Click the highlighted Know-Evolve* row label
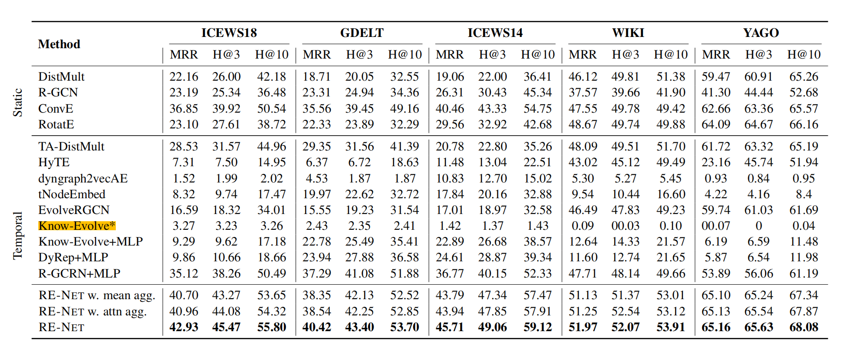pyautogui.click(x=77, y=226)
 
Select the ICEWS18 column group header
pyautogui.click(x=229, y=33)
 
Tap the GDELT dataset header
pyautogui.click(x=362, y=33)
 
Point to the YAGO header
pyautogui.click(x=761, y=33)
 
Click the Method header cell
pyautogui.click(x=59, y=44)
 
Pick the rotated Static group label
pyautogui.click(x=18, y=102)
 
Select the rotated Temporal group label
pyautogui.click(x=18, y=236)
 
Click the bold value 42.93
pyautogui.click(x=184, y=327)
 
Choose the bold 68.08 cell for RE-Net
pyautogui.click(x=803, y=327)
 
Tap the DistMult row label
pyautogui.click(x=61, y=77)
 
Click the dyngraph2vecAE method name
pyautogui.click(x=83, y=178)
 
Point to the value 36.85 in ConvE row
pyautogui.click(x=184, y=109)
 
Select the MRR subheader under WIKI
pyautogui.click(x=583, y=55)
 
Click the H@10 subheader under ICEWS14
pyautogui.click(x=538, y=55)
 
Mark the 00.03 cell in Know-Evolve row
pyautogui.click(x=625, y=226)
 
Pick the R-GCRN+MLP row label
pyautogui.click(x=79, y=273)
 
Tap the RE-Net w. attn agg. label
pyautogui.click(x=93, y=311)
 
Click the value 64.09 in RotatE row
pyautogui.click(x=716, y=124)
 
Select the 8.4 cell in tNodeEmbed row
pyautogui.click(x=803, y=194)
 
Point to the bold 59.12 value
pyautogui.click(x=538, y=327)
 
